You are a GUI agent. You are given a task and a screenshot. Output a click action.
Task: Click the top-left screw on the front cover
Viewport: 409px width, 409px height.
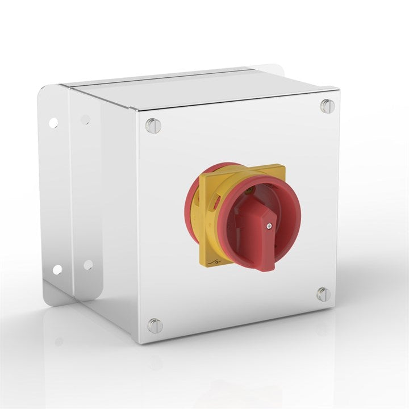[x=153, y=126]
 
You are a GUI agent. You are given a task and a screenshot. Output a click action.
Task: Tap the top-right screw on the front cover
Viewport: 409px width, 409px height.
[x=326, y=106]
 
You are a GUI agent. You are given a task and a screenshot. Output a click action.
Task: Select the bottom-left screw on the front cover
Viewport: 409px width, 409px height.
[x=155, y=326]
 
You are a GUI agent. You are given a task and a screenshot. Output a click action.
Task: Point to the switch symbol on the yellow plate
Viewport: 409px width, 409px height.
[x=214, y=261]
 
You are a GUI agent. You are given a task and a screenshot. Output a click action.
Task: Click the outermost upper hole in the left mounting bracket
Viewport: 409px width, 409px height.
[x=53, y=122]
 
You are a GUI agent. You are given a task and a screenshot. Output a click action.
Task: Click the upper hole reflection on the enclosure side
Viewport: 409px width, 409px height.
[x=85, y=120]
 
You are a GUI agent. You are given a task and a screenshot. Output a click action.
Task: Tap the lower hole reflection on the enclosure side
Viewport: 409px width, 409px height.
[x=88, y=265]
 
